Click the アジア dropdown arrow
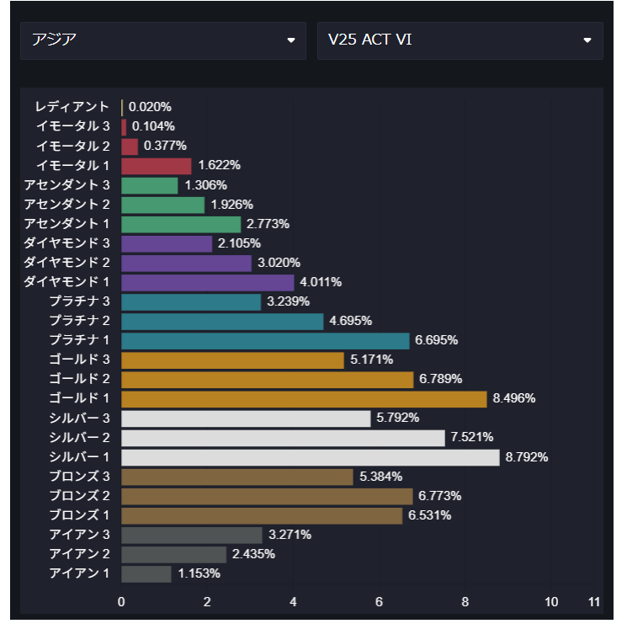pos(291,40)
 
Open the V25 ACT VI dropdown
pos(460,40)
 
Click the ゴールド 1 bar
pos(304,398)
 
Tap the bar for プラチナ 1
pos(265,340)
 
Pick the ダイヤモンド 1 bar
pos(208,282)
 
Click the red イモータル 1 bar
pos(157,166)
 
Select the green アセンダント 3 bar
pos(150,185)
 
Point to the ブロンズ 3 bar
pos(237,477)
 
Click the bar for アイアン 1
pos(146,573)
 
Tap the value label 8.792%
pos(527,457)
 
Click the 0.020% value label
pos(151,107)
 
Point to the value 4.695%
pos(351,321)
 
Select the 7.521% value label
pos(472,437)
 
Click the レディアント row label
pos(72,107)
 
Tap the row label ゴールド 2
pos(79,379)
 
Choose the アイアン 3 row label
pos(80,535)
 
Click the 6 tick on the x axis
pos(380,602)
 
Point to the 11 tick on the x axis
pos(594,602)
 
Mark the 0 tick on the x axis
pos(121,602)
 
